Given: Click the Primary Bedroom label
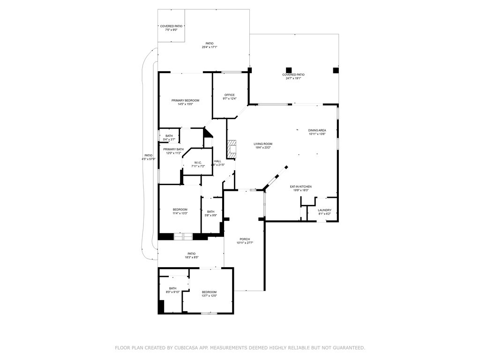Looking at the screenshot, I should (185, 100).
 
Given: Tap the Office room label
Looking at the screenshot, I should (229, 95).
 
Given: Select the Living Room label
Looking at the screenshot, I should (263, 144).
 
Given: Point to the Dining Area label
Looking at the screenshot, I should (317, 130).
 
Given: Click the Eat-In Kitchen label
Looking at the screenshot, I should (301, 187).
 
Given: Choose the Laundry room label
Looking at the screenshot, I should (324, 210).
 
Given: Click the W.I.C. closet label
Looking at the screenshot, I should (197, 163).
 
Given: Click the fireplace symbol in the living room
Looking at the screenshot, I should (232, 149).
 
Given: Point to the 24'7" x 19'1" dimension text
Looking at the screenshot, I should (293, 78).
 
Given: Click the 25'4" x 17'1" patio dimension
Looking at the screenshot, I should (210, 47).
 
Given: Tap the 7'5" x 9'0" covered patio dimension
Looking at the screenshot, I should (171, 30).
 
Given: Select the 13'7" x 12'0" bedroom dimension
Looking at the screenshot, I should (209, 296).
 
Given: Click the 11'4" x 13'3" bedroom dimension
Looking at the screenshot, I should (180, 213).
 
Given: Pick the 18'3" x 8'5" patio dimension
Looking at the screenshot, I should (191, 257).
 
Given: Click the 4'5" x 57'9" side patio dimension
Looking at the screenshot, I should (148, 159).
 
